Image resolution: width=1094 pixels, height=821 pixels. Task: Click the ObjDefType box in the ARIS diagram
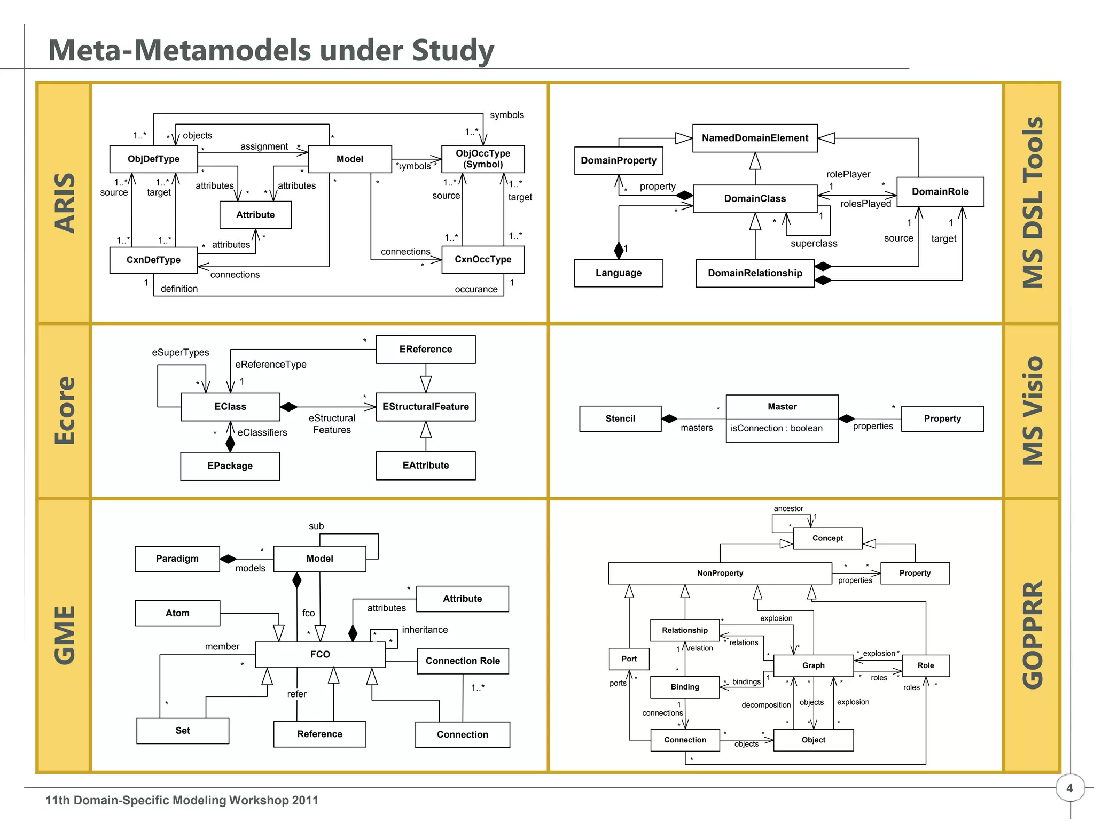coord(153,159)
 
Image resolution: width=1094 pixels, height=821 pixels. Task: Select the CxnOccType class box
coord(483,260)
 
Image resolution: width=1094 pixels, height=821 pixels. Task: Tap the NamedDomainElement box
coord(755,138)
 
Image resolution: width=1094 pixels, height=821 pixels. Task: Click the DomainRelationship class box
coord(755,273)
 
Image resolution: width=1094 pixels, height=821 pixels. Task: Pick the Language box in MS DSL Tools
coord(619,273)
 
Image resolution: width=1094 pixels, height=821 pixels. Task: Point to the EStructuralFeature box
coord(426,407)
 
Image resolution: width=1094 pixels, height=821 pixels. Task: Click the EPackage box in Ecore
coord(230,466)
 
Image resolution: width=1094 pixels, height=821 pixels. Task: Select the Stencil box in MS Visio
coord(620,419)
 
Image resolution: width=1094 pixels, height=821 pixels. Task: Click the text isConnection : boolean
coord(777,429)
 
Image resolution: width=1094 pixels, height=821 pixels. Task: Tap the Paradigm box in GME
coord(177,559)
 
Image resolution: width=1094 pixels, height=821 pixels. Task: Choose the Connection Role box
coord(463,661)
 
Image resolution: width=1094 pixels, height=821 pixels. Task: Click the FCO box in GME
coord(320,654)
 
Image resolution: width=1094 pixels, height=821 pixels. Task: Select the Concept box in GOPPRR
coord(827,538)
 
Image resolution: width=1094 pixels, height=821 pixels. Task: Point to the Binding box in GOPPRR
coord(685,687)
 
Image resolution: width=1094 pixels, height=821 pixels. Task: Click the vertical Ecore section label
coord(64,410)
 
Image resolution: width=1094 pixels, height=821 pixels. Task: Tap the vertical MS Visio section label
coord(1032,410)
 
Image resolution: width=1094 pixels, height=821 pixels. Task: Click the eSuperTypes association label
coord(181,352)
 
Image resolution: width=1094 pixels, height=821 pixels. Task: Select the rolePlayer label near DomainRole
coord(848,174)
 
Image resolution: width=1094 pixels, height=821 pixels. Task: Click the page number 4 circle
coord(1069,788)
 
